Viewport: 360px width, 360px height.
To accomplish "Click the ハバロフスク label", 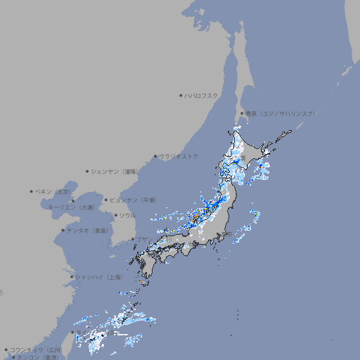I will tap(202, 95).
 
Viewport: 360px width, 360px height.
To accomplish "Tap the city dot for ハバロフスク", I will tap(181, 95).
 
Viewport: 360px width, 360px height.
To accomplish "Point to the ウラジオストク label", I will tap(179, 156).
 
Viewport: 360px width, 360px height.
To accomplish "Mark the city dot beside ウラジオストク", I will tap(155, 156).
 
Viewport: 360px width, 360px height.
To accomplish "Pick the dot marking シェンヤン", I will tap(88, 171).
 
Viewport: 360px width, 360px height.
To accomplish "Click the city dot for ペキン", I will tap(32, 191).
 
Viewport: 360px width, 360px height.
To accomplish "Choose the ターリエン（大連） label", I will tap(71, 207).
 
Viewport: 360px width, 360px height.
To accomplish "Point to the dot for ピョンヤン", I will tap(107, 200).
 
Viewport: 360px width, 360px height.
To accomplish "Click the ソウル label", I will tap(127, 215).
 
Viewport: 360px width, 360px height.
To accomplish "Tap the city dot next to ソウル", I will tap(115, 215).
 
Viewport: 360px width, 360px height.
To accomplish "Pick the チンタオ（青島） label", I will tap(88, 230).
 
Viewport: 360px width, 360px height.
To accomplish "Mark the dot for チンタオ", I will tap(63, 230).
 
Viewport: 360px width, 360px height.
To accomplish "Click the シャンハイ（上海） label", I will tap(99, 277).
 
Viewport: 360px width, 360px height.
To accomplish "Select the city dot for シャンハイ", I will tap(72, 277).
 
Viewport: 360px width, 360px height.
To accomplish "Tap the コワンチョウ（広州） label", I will tap(35, 349).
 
